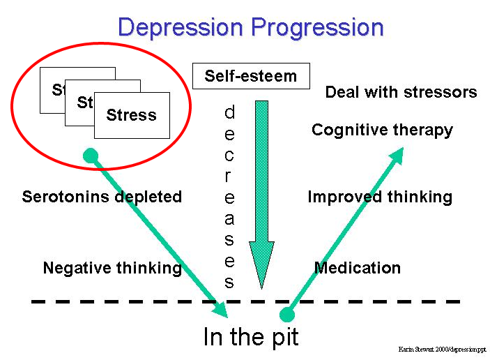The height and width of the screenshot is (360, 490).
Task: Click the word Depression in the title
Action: pos(181,27)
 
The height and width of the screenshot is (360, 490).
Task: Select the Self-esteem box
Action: pos(251,75)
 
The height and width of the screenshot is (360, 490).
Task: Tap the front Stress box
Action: pos(132,115)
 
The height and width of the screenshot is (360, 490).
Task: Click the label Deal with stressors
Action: pos(401,92)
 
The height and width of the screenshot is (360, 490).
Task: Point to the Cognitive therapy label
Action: pos(382,130)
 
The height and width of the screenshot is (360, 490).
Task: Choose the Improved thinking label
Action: pos(380,197)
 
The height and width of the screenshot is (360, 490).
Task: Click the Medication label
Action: pos(358,268)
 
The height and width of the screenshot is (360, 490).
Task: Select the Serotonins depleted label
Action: pos(102,197)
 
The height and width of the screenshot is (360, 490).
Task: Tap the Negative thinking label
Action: pos(112,268)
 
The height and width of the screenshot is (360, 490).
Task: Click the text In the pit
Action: pos(251,337)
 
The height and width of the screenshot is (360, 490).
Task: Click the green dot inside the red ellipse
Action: pos(91,155)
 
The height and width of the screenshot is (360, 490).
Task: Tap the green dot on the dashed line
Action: pos(286,315)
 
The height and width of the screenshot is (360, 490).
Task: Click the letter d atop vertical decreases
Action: pos(229,112)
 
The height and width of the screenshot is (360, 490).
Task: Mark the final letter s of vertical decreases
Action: pos(229,282)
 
